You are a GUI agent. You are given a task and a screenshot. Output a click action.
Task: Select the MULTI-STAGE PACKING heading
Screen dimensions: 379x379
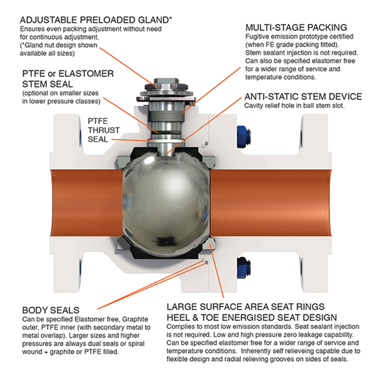coord(296,28)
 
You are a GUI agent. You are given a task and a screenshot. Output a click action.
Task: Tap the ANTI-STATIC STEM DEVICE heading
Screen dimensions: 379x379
coord(303,97)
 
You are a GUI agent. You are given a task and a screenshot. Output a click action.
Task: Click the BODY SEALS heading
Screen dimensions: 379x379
coord(51,310)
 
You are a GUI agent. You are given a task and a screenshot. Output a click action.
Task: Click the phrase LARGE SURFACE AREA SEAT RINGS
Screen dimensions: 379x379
coord(246,307)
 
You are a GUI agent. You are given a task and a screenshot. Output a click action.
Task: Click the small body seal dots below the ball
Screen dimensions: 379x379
coord(205,261)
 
